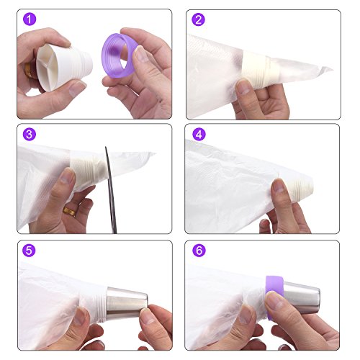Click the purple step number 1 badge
30,19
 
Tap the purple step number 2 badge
198,19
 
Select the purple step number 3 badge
30,135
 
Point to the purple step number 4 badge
199,134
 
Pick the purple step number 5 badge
29,251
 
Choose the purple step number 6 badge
199,251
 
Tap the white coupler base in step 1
63,67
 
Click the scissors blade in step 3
111,189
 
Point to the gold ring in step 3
69,212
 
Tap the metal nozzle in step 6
302,297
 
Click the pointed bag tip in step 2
333,69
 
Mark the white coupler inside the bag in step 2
261,69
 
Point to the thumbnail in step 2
243,87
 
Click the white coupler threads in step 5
102,305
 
